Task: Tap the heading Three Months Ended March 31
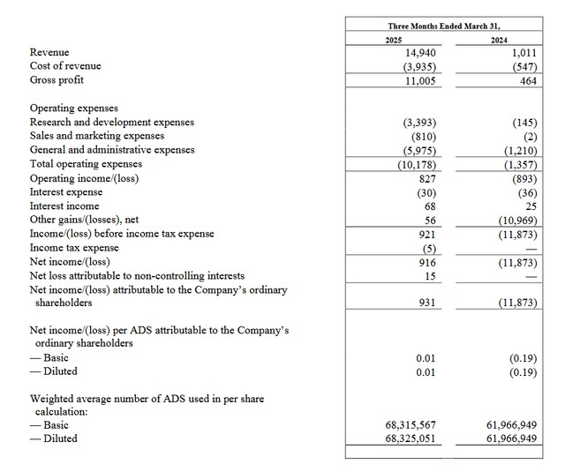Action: click(x=450, y=26)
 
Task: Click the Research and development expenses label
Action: click(x=112, y=122)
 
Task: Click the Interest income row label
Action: click(x=64, y=206)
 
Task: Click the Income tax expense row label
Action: click(x=74, y=248)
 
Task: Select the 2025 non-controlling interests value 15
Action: click(x=430, y=276)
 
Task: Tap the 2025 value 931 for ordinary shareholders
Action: click(x=427, y=303)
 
